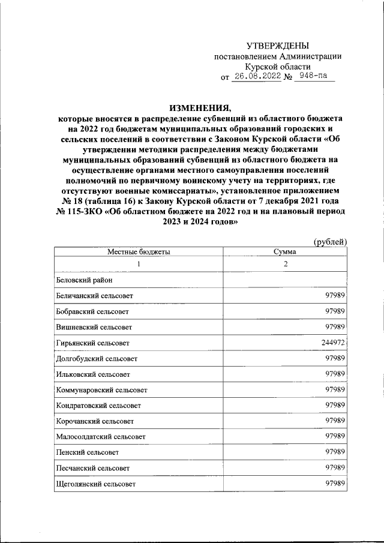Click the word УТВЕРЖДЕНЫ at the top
tap(278, 46)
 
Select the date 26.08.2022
tap(257, 77)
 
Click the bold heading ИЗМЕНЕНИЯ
tap(200, 109)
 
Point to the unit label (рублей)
tap(331, 241)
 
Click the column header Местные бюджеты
tap(139, 252)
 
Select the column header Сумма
tap(286, 252)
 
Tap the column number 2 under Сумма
tap(286, 265)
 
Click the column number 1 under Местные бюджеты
tap(139, 265)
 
